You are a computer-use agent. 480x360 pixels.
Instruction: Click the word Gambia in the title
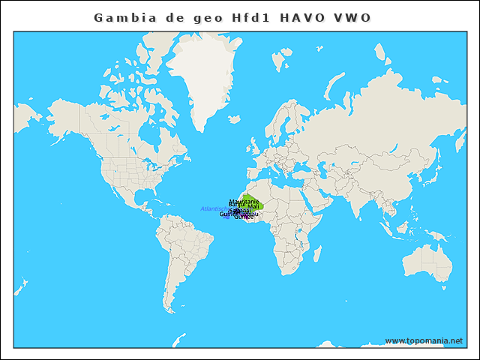(x=121, y=17)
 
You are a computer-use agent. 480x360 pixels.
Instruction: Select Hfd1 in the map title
(x=251, y=17)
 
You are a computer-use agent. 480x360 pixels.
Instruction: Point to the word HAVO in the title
(x=304, y=17)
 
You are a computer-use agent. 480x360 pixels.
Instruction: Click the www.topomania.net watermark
(x=424, y=340)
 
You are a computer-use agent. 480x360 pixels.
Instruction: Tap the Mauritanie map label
(x=244, y=202)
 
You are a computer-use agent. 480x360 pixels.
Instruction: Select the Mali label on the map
(x=253, y=206)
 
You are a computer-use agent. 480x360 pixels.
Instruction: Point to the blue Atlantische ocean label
(x=214, y=208)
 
